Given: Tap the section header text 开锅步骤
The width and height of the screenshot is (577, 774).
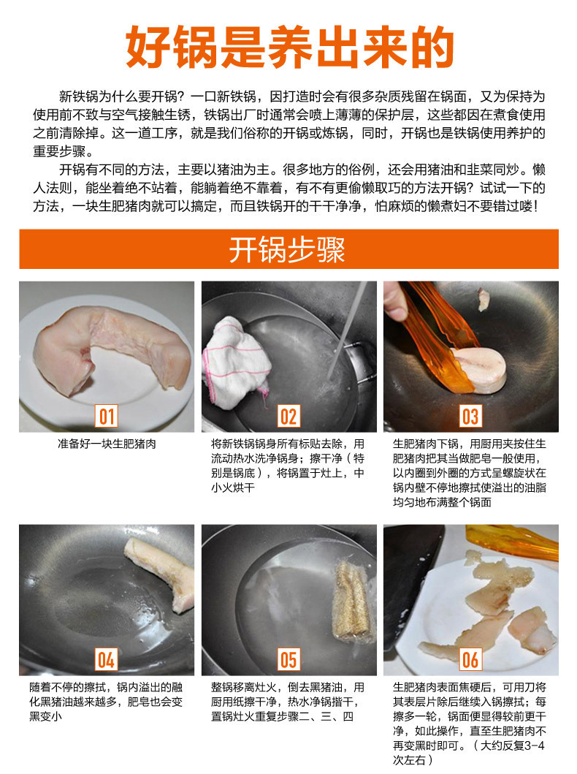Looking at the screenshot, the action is click(x=287, y=249).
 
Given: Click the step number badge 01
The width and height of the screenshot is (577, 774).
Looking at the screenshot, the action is click(x=107, y=416).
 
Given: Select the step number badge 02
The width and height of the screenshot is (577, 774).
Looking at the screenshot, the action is click(x=289, y=416).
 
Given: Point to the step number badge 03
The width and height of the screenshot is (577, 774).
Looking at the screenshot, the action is click(x=470, y=416).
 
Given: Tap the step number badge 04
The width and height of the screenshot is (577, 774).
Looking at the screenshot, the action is click(x=107, y=659).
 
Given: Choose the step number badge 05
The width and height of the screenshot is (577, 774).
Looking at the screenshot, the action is click(x=289, y=659).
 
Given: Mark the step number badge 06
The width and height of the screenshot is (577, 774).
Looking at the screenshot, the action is click(x=470, y=659).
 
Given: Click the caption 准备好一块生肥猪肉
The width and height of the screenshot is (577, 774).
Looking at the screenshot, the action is click(x=107, y=444).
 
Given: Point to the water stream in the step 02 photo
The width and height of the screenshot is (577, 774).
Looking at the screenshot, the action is click(x=348, y=328).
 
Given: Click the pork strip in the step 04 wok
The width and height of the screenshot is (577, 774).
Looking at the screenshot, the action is click(x=160, y=572).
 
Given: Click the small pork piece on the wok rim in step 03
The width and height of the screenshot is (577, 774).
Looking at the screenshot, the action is click(x=484, y=300).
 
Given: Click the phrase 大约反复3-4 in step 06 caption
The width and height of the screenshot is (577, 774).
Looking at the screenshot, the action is click(x=513, y=745).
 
